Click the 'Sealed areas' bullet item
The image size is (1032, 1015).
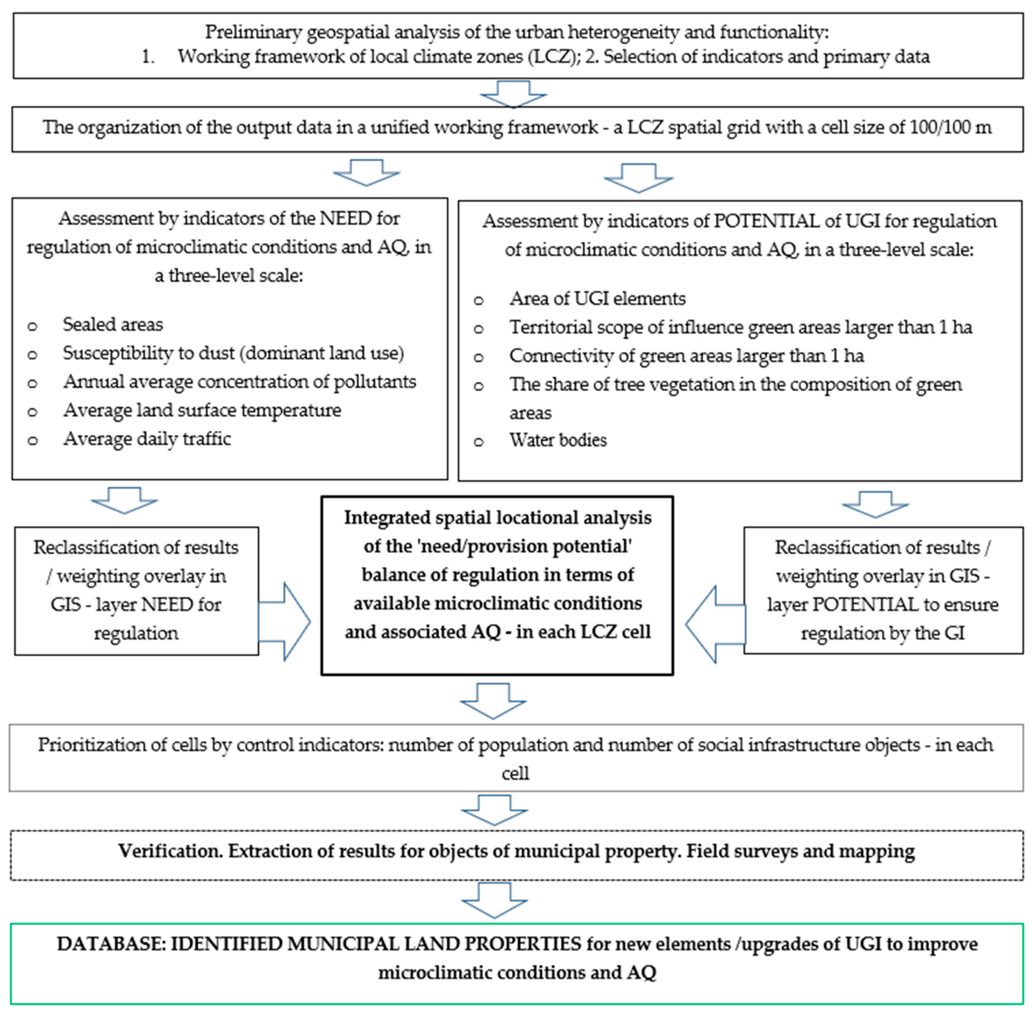pos(112,324)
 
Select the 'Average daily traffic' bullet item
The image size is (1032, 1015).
pos(147,439)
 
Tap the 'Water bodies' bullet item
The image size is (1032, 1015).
pos(557,440)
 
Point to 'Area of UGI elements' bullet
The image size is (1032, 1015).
pos(597,299)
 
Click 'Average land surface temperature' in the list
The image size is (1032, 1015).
pos(202,410)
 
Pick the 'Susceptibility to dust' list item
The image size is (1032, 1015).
pos(233,353)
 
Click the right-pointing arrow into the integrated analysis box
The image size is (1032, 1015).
pos(285,622)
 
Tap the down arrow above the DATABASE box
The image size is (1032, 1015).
pos(494,901)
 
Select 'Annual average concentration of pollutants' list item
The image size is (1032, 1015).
pos(239,382)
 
